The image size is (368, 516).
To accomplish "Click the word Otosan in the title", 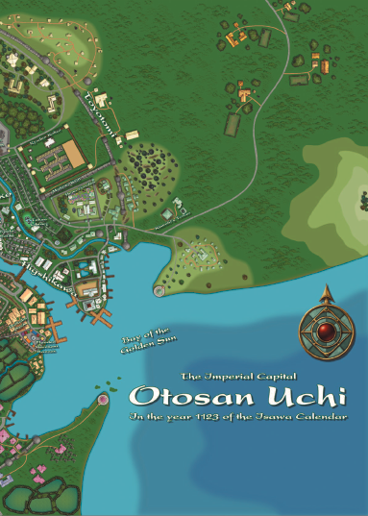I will click(x=179, y=396).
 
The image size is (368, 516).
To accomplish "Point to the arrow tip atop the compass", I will click(x=328, y=289).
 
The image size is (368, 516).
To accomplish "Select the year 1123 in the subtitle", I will click(x=213, y=416).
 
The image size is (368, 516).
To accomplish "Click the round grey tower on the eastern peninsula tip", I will click(x=159, y=288).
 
